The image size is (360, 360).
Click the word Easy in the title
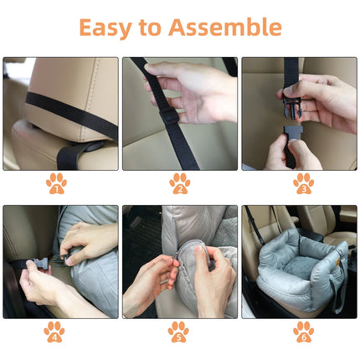click(106, 27)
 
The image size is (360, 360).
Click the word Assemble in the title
click(225, 27)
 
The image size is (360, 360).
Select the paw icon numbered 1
click(56, 183)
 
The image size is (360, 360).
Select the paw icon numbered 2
click(179, 183)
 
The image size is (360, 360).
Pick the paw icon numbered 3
click(303, 183)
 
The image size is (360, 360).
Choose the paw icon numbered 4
click(54, 332)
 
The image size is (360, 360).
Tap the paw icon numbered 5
click(179, 332)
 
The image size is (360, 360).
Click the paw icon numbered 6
click(303, 332)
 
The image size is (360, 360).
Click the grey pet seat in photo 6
click(297, 272)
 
